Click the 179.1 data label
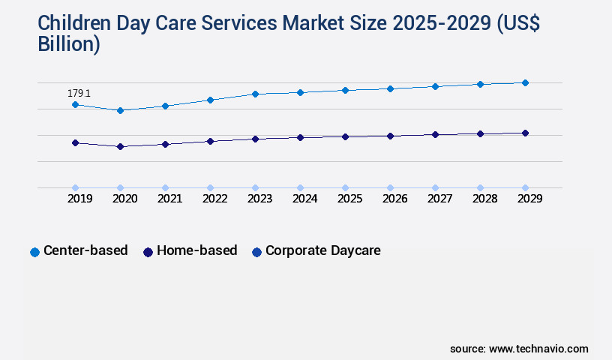(79, 94)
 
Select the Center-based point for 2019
(75, 105)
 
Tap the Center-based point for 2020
(120, 110)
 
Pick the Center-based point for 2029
(525, 82)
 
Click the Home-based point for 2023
(255, 139)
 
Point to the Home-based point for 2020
(120, 146)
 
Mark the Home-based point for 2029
(525, 133)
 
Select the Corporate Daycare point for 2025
(345, 187)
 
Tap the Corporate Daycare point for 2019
(75, 187)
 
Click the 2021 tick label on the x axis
(169, 199)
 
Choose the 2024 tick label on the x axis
(304, 199)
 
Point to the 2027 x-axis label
(439, 199)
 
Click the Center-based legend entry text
(85, 250)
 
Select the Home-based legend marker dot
(148, 252)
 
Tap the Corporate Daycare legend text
(322, 250)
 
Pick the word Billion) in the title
(69, 43)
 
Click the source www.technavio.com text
(519, 349)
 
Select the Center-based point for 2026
(390, 88)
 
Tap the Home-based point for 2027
(435, 134)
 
